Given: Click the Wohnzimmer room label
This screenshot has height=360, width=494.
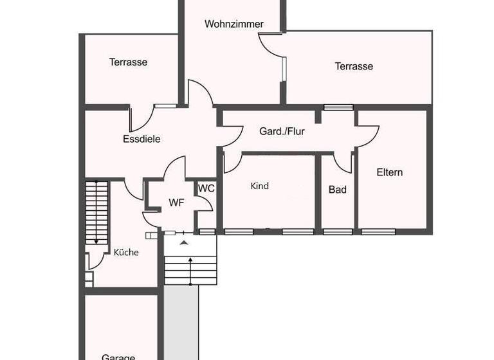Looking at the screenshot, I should pos(234,24).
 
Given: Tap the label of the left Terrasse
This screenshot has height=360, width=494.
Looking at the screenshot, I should pos(128,62).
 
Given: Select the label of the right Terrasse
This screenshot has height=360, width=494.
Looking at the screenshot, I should pos(353,66).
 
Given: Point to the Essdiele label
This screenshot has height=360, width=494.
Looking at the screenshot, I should pos(142,139).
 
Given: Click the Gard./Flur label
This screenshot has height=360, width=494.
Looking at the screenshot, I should pos(282,132).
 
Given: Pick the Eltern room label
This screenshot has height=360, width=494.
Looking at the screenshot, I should pos(389,172).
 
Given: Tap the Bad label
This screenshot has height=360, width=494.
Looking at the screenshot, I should pos(337,190).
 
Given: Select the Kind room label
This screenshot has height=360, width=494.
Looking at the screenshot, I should pos(259,186).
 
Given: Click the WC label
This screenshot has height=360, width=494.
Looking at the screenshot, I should pos(206,188).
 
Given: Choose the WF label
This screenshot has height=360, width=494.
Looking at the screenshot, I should pos(176,203).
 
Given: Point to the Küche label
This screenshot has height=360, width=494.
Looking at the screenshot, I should pos(126,253).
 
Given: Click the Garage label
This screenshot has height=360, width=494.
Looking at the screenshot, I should pos(118,356).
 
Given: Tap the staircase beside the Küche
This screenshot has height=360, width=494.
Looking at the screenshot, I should pos(96,212).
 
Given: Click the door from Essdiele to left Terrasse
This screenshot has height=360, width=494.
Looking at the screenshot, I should pos(142,117).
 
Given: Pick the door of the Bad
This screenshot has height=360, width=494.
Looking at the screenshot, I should pos(343,163).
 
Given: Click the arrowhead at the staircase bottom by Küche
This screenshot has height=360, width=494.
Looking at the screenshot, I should pos(96,242).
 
